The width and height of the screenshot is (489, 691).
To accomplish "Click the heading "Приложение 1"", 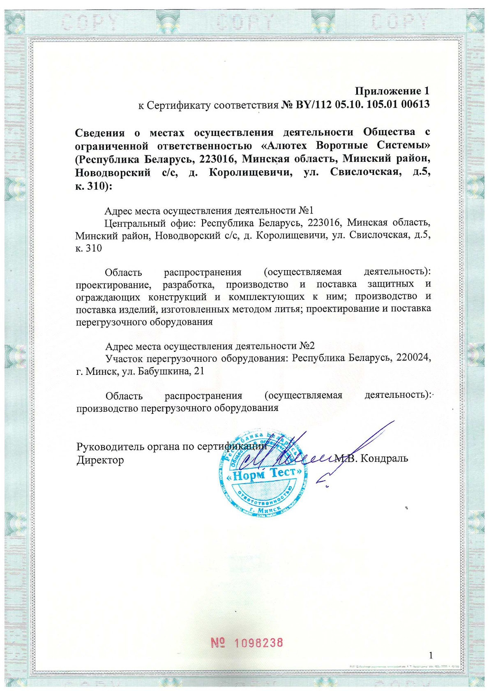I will click(x=392, y=91).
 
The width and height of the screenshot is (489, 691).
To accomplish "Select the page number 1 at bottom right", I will click(x=431, y=655).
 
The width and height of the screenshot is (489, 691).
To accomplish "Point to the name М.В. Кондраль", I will click(x=372, y=458).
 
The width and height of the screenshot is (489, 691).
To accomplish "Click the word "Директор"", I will click(x=100, y=460).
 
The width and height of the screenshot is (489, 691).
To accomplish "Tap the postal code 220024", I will click(x=413, y=357).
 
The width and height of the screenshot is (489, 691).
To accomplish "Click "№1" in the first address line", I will click(x=306, y=211).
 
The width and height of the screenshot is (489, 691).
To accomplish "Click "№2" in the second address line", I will click(x=307, y=346).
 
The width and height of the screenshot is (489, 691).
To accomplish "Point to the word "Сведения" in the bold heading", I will click(x=100, y=132).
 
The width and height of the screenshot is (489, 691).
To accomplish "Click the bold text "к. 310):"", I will click(x=93, y=186).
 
